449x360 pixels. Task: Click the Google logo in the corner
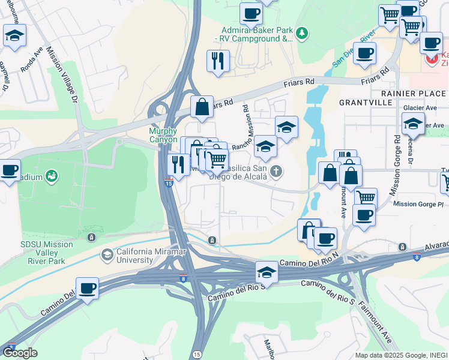(20, 353)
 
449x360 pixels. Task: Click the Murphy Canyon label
(163, 135)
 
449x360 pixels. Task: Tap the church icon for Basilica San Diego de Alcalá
(276, 172)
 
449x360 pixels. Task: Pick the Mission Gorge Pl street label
(418, 205)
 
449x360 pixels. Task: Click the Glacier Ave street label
(420, 108)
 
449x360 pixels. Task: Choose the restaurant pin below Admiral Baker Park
(218, 60)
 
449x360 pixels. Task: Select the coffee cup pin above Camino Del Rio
(88, 288)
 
